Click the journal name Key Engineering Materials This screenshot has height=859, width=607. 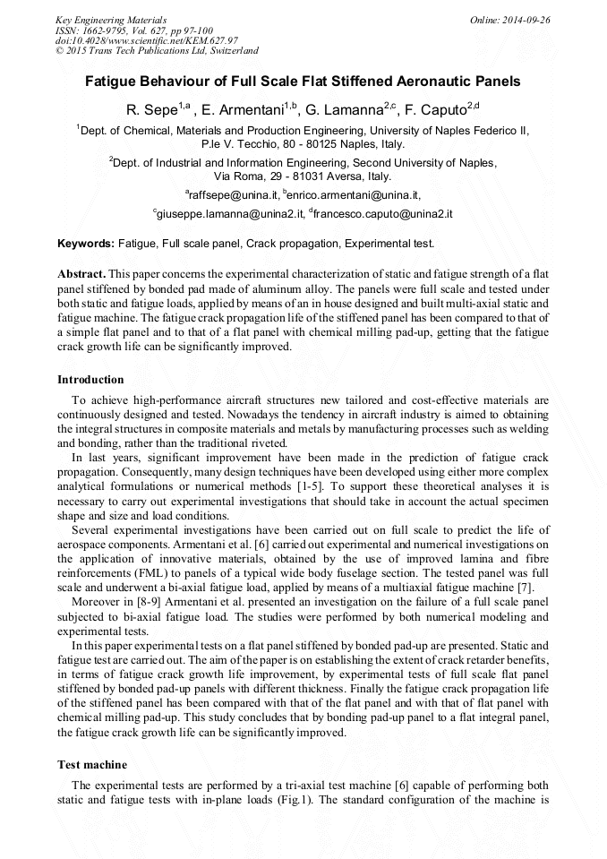(x=111, y=20)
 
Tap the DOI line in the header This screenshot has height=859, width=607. (x=147, y=41)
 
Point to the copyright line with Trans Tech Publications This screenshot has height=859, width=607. (x=158, y=51)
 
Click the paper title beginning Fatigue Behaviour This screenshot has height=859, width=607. (x=303, y=82)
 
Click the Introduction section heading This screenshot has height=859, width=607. (x=90, y=380)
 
